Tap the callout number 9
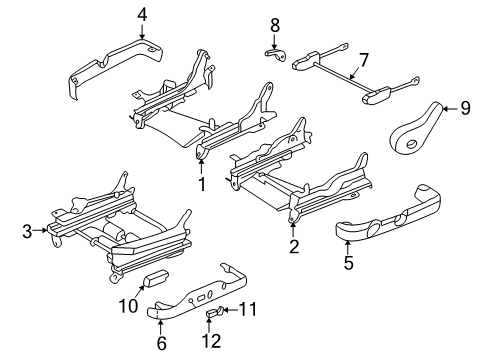click(465, 110)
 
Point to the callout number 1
click(201, 184)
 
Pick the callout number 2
click(294, 247)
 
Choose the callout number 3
click(26, 231)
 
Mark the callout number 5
click(349, 264)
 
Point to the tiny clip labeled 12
click(209, 316)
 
